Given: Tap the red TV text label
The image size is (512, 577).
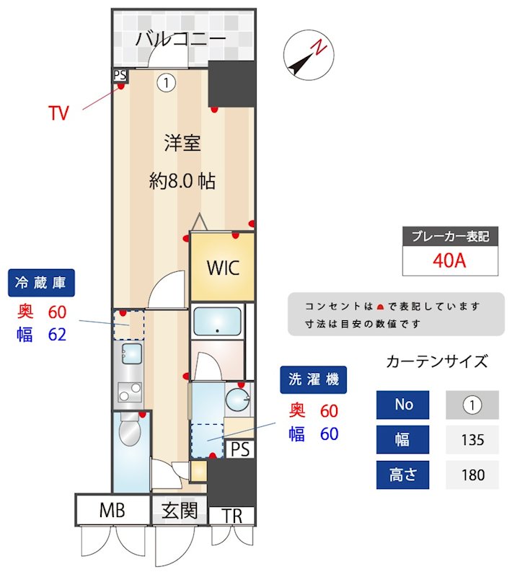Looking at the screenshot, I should tap(58, 113).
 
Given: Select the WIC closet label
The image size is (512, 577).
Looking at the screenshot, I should tap(223, 267).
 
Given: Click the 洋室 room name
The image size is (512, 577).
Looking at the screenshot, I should tap(182, 143).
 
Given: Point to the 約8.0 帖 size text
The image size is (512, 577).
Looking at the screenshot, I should tap(182, 181).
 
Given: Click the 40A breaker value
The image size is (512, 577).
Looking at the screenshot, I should tap(450, 260).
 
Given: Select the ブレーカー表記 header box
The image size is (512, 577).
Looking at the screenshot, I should tap(450, 237).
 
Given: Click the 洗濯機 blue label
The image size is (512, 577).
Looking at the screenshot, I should tap(314, 379).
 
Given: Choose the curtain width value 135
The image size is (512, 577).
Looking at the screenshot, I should tap(472, 439).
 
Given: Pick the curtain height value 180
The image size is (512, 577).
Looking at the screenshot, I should tap(472, 475).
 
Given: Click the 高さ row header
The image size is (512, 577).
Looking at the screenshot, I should tap(402, 475).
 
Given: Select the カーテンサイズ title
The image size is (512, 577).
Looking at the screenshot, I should tap(437, 361).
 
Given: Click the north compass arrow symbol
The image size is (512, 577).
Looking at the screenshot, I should tap(306, 57).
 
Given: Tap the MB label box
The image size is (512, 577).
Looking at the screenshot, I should tap(112, 511).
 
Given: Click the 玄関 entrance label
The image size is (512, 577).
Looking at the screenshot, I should tap(179, 511).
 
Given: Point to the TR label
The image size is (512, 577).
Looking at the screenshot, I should tap(231, 516).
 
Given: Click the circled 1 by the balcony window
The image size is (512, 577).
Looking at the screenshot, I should tap(167, 83).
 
